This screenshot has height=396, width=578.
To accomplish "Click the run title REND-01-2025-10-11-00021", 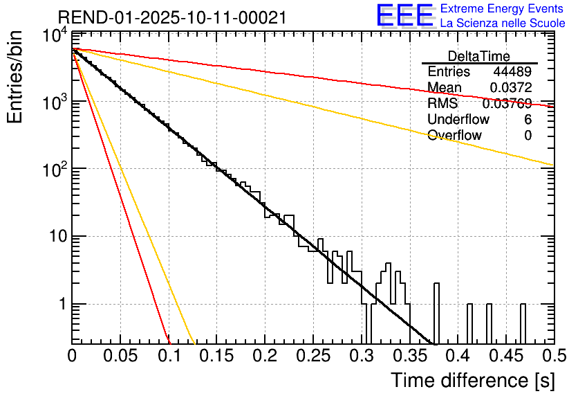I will [x=172, y=18].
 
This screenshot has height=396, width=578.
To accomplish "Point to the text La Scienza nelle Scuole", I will [x=503, y=24].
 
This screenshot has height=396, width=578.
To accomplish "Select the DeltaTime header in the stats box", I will [x=479, y=56].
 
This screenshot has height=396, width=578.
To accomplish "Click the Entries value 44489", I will [x=512, y=72].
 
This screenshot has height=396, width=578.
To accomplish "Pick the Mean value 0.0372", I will [x=510, y=88].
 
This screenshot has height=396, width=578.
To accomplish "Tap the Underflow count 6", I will [x=528, y=119].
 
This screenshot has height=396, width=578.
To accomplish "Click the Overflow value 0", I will [x=528, y=135].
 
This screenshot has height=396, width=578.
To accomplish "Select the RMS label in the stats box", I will [x=442, y=104].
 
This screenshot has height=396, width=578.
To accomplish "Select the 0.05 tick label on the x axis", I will [x=120, y=357].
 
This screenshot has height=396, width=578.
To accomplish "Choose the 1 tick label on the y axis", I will [x=61, y=305].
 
